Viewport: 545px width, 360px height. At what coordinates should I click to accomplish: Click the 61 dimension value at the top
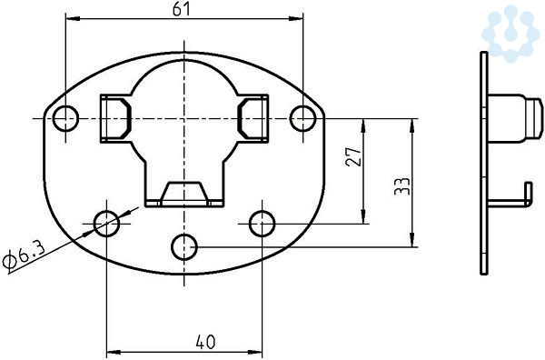tap(182, 9)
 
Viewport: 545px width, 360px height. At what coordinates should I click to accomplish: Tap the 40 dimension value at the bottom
tap(205, 342)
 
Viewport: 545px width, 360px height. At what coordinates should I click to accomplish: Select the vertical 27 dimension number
tap(354, 156)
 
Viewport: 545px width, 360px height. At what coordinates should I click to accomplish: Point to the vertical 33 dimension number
tap(402, 186)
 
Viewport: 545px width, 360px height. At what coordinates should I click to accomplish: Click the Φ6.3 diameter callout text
tap(23, 255)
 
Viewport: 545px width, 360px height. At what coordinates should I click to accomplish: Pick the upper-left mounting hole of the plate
tap(65, 118)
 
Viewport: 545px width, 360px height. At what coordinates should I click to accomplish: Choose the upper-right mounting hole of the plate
tap(303, 118)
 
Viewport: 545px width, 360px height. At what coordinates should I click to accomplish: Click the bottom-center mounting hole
tap(184, 247)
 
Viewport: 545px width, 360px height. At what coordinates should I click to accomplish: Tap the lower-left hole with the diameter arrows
tap(106, 224)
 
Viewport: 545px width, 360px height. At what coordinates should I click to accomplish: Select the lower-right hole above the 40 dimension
tap(263, 224)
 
